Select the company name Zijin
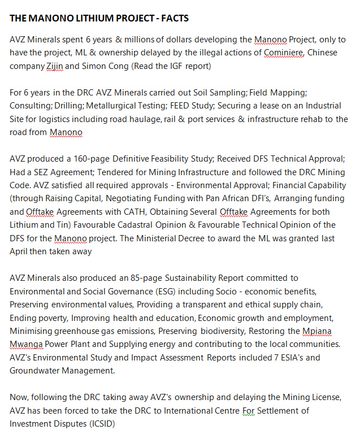point(54,66)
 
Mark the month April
point(20,251)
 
